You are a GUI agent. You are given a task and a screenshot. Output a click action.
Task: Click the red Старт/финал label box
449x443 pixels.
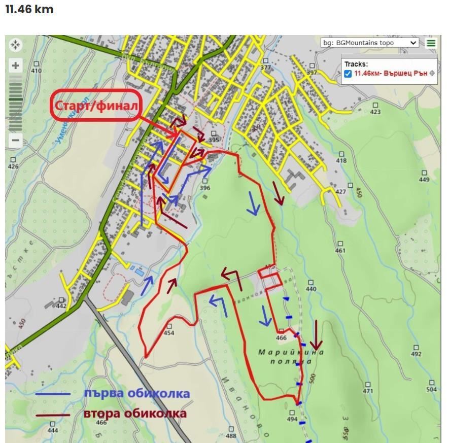tap(95, 106)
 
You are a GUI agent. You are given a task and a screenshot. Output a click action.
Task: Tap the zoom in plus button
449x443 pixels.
tap(16, 65)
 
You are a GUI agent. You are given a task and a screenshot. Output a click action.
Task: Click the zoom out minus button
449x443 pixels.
tap(16, 141)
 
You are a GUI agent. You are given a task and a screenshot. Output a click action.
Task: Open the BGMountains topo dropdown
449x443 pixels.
tap(370, 43)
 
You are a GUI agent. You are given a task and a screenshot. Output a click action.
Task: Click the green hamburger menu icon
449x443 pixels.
tap(431, 43)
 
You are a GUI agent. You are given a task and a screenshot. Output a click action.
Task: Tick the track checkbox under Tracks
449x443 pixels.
tap(348, 74)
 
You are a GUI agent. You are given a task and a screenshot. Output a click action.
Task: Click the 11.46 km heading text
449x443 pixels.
tap(29, 10)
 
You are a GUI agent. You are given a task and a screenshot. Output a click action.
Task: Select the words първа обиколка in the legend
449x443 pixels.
tap(136, 393)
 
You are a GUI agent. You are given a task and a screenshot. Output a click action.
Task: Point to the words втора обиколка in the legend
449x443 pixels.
tap(134, 414)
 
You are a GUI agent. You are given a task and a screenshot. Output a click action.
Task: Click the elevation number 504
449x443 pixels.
tap(431, 389)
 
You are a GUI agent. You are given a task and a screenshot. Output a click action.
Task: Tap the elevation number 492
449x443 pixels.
tap(416, 354)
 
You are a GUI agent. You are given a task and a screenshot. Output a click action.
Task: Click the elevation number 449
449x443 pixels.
tap(424, 179)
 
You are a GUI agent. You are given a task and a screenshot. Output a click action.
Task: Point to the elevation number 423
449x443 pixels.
tap(375, 112)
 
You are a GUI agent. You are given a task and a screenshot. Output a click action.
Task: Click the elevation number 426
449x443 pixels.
tap(13, 166)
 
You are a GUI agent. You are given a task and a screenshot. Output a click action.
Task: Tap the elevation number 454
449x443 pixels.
tap(169, 333)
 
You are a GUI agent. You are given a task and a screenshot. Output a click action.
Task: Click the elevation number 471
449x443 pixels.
tap(367, 391)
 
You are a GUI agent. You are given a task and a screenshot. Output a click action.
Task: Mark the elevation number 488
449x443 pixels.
tap(231, 435)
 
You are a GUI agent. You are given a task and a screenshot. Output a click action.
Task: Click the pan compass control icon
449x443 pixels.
tap(16, 45)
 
